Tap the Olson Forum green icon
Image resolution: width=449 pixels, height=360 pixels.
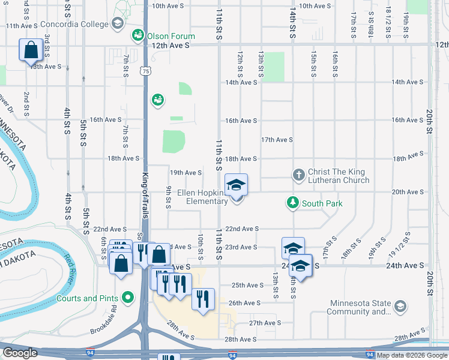(139, 35)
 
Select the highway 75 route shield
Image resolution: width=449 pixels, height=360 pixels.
(146, 71)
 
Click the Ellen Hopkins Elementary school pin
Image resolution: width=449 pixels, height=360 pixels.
(236, 185)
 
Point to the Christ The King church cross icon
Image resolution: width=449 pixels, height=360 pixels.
(298, 175)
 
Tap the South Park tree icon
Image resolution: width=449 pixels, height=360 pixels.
(293, 203)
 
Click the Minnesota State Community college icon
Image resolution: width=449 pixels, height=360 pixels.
(400, 307)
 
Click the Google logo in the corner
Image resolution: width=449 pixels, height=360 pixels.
(20, 353)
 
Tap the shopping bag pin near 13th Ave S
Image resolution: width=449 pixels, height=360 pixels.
(31, 51)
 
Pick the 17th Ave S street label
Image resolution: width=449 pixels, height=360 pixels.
(277, 140)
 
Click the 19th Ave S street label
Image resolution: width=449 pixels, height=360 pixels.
(185, 173)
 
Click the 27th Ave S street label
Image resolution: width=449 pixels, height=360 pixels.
(265, 323)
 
